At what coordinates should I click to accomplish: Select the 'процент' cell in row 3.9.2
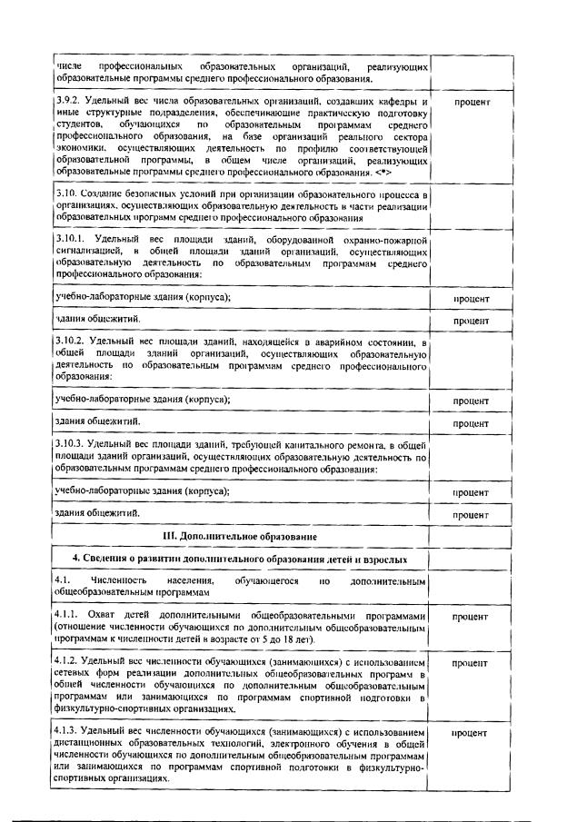(x=472, y=102)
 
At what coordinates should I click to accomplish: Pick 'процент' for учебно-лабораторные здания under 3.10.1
(x=472, y=299)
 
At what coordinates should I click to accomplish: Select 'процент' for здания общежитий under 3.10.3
(x=472, y=515)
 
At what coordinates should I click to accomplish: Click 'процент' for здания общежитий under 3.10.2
(x=472, y=423)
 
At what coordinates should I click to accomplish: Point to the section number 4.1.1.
(x=68, y=615)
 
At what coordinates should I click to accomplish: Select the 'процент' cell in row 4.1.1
(x=472, y=616)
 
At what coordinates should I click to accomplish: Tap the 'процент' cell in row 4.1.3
(x=472, y=731)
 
